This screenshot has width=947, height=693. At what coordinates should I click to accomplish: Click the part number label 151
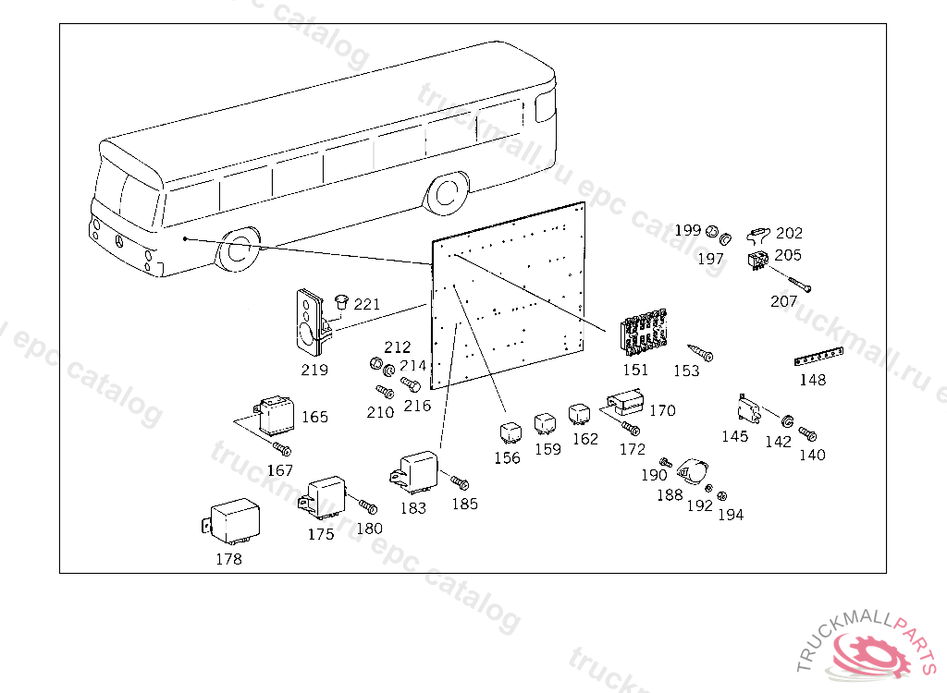point(635,370)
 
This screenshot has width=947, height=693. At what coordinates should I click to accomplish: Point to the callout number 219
point(314,370)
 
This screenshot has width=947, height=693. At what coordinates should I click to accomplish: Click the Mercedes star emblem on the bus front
point(118,242)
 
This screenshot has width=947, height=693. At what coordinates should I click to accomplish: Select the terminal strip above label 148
point(819,358)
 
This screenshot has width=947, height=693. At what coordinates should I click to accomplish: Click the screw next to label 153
point(700,353)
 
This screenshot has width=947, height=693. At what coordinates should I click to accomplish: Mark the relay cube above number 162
point(580,413)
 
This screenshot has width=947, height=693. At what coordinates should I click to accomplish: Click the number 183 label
point(413,508)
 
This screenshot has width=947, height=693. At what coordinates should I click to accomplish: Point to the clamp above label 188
point(690,469)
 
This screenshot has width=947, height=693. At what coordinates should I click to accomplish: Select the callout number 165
point(314,417)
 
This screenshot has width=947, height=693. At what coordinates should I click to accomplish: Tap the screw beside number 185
point(460,482)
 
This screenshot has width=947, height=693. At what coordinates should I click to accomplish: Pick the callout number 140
point(812,455)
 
